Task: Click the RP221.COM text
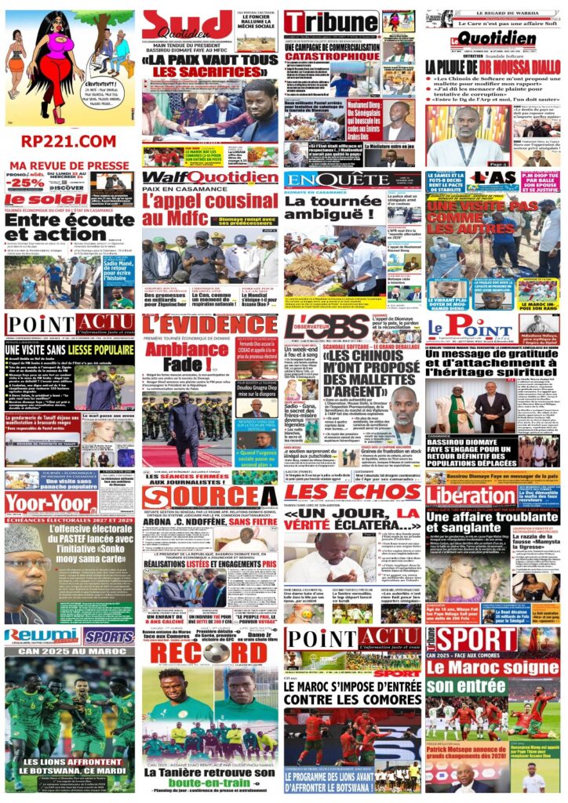68,140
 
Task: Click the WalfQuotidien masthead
209,178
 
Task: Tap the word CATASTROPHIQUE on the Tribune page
332,56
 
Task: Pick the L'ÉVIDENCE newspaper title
209,325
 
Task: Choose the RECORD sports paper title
209,654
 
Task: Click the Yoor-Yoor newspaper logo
50,503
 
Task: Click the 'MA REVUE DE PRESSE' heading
69,165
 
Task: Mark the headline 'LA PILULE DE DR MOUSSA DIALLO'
493,67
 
